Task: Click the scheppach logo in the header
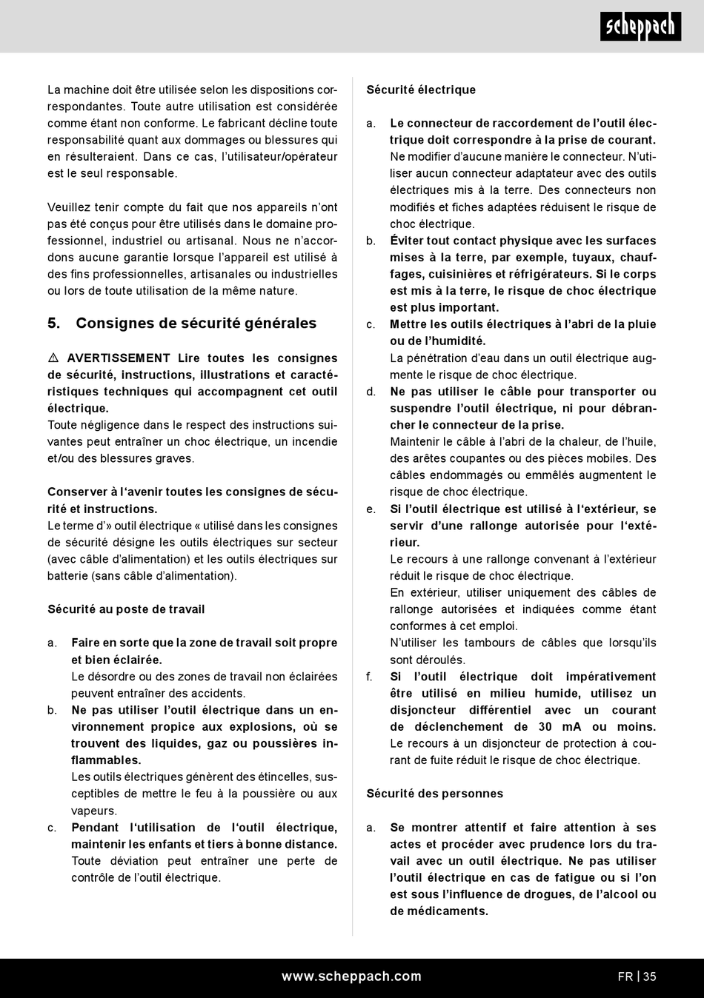pyautogui.click(x=640, y=27)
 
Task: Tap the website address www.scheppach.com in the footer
pyautogui.click(x=351, y=977)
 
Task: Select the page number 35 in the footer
pyautogui.click(x=650, y=977)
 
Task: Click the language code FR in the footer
pyautogui.click(x=625, y=977)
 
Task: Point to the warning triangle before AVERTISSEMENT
pyautogui.click(x=53, y=358)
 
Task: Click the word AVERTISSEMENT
pyautogui.click(x=119, y=358)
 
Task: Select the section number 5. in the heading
pyautogui.click(x=54, y=324)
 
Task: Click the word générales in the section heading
pyautogui.click(x=279, y=324)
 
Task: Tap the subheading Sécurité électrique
pyautogui.click(x=421, y=90)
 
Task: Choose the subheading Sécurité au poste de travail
pyautogui.click(x=126, y=609)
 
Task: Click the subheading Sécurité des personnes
pyautogui.click(x=434, y=794)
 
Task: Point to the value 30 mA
pyautogui.click(x=556, y=727)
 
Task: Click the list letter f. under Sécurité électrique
pyautogui.click(x=370, y=677)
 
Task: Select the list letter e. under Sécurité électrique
pyautogui.click(x=371, y=509)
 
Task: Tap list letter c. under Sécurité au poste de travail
pyautogui.click(x=52, y=828)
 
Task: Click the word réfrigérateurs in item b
pyautogui.click(x=548, y=274)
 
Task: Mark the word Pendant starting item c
pyautogui.click(x=95, y=828)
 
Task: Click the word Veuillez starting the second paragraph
pyautogui.click(x=72, y=207)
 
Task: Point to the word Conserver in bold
pyautogui.click(x=76, y=492)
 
